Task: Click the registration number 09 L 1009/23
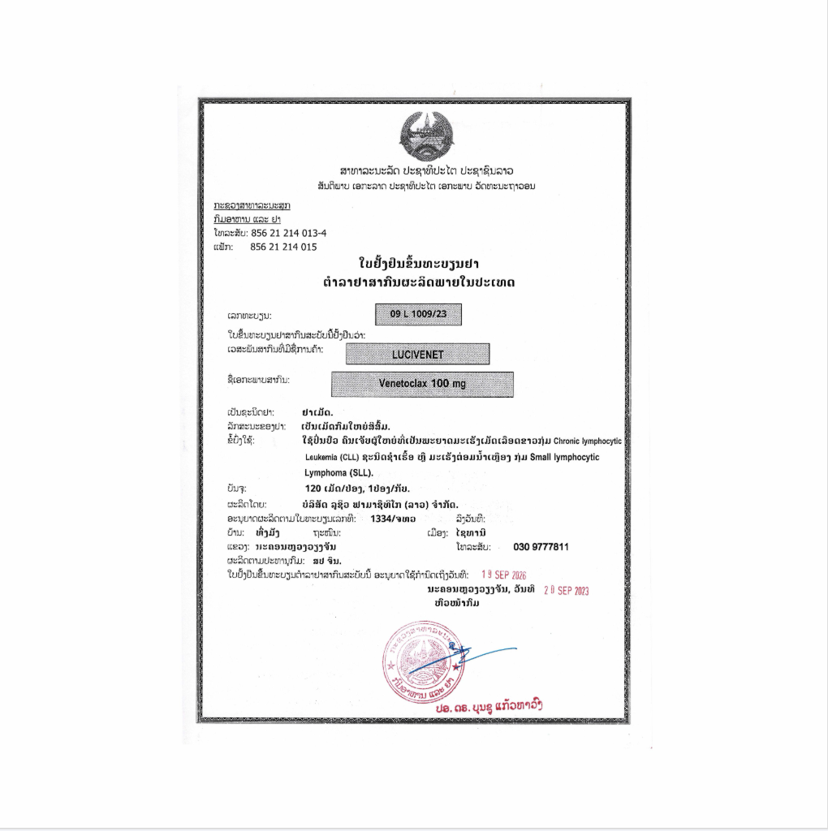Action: coord(418,313)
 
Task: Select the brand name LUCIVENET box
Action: coord(417,354)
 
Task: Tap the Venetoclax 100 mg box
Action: coord(422,384)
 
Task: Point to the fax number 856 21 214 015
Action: coord(283,247)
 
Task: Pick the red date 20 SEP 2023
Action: coord(566,591)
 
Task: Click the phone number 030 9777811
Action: coord(541,547)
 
